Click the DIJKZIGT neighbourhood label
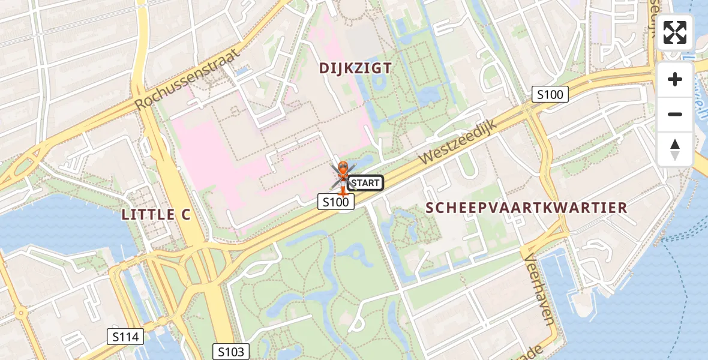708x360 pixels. [x=355, y=68]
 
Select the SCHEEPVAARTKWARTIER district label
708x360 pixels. [x=526, y=208]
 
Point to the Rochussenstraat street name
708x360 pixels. [x=187, y=79]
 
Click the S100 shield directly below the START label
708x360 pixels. [x=336, y=202]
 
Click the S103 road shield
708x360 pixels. [x=231, y=352]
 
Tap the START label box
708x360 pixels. [x=365, y=183]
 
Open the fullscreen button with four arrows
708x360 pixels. [x=674, y=32]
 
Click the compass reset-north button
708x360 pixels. [x=674, y=149]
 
